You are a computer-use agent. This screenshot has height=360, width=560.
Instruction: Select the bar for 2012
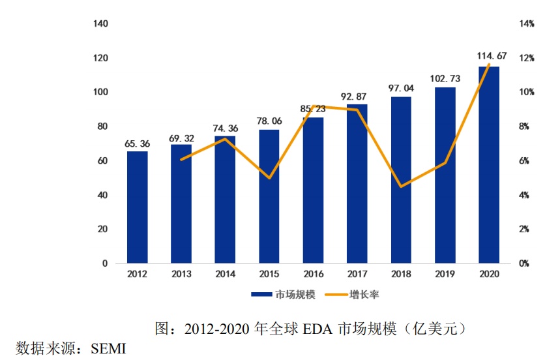point(137,207)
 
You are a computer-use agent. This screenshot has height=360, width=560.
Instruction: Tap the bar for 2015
point(269,196)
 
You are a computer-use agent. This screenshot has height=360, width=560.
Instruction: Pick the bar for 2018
point(401,180)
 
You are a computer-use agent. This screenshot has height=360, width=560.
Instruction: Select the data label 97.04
point(401,87)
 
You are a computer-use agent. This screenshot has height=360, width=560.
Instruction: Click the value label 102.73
point(445,78)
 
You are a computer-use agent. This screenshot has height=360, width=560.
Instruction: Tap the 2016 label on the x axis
point(313,275)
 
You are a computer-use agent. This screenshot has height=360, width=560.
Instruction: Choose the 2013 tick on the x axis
point(181,275)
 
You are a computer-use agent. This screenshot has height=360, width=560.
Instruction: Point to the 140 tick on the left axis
point(100,24)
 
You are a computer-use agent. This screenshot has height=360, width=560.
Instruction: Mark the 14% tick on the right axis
point(526,24)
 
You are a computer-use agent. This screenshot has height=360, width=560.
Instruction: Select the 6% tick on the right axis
point(526,161)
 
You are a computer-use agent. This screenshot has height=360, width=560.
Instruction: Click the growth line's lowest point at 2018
point(401,187)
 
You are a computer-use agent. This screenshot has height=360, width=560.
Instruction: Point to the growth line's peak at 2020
point(489,64)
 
